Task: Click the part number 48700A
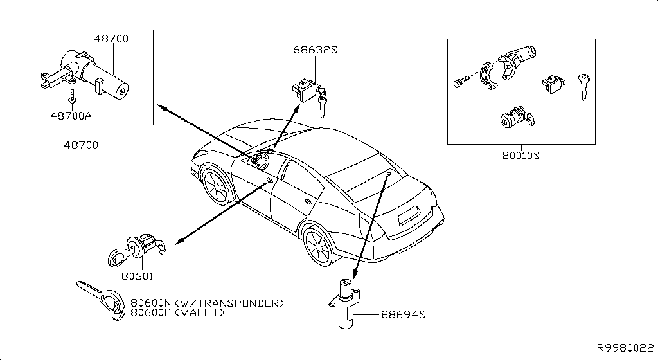[x=71, y=116]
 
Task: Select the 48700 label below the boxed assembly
[x=81, y=145]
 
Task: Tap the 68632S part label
[x=315, y=50]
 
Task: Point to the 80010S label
[x=521, y=155]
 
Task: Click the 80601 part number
[x=138, y=276]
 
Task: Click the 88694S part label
[x=404, y=314]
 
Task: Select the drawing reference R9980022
[x=626, y=348]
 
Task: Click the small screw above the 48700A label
[x=72, y=96]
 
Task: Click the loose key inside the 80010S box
[x=583, y=86]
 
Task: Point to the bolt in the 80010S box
[x=459, y=82]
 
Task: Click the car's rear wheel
[x=319, y=246]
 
